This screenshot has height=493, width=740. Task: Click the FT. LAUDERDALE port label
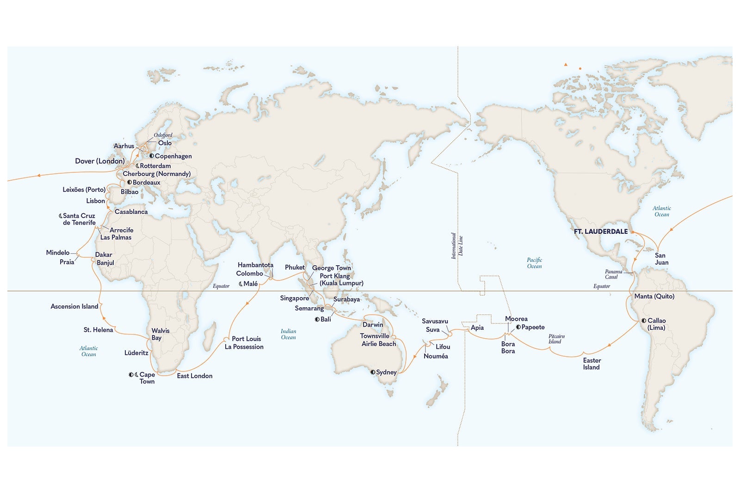tap(601, 231)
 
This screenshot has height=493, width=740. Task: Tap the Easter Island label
tap(592, 364)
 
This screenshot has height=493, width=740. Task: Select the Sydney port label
tap(386, 372)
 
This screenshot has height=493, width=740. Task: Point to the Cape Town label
tap(147, 378)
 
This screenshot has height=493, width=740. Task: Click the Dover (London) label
tap(100, 161)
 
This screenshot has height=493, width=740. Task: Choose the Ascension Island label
tap(74, 306)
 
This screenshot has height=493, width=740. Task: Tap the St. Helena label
tap(98, 329)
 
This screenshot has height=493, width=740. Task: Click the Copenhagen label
tap(173, 156)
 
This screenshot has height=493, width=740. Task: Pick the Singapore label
tap(294, 298)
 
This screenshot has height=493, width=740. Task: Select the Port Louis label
tap(246, 339)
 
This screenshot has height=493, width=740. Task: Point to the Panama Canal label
tap(613, 274)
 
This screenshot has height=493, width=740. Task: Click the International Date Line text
tap(457, 245)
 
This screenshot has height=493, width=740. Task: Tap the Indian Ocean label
tap(288, 334)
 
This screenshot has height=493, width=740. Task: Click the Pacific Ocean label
tap(534, 263)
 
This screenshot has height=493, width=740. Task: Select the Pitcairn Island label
tap(556, 339)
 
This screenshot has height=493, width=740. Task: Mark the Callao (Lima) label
tap(656, 324)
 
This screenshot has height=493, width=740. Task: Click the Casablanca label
tap(131, 212)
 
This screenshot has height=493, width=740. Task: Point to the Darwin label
tap(373, 324)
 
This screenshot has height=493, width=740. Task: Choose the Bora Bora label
tap(508, 347)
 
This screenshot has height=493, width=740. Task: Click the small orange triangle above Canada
tap(565, 65)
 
